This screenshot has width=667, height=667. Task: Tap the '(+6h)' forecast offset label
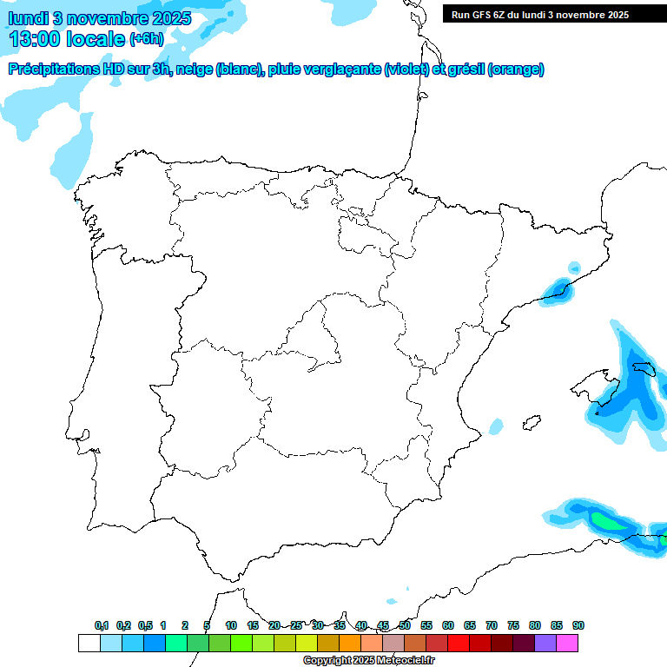[x=146, y=39]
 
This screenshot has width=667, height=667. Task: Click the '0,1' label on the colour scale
[x=102, y=625]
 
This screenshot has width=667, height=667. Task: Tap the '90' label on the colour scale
[x=578, y=625]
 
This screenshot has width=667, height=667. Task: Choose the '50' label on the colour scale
[x=405, y=625]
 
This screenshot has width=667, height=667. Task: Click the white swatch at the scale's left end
[x=89, y=643]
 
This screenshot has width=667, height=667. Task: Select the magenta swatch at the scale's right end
[x=567, y=643]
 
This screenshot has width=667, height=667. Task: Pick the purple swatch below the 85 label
[x=545, y=643]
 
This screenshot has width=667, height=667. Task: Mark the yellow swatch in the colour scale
[x=306, y=643]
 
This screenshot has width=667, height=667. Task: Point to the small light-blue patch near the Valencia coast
[x=496, y=426]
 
